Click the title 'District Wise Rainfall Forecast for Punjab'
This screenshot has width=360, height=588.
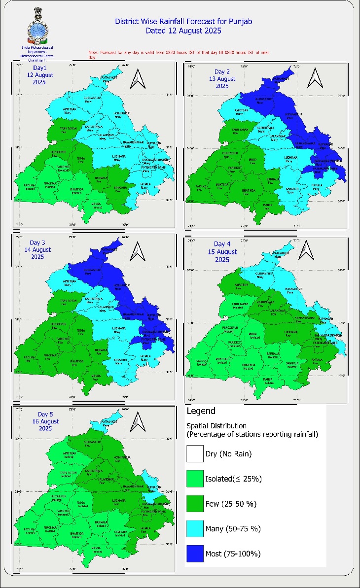[x=170, y=22]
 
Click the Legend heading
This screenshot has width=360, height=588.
[x=201, y=411]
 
